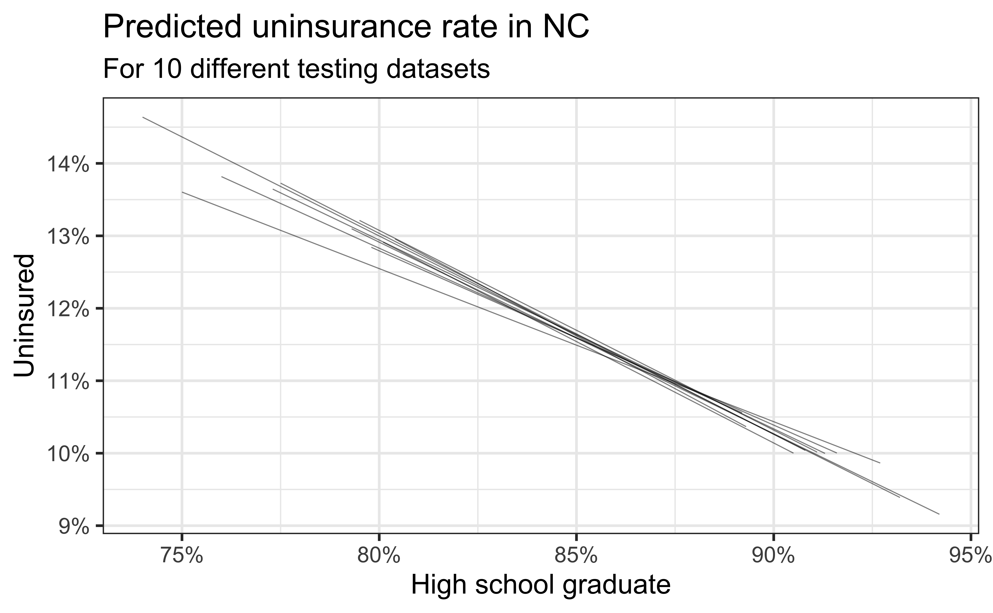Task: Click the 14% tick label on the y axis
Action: (x=68, y=165)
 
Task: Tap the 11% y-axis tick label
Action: (x=68, y=382)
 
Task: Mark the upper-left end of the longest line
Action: (x=143, y=118)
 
